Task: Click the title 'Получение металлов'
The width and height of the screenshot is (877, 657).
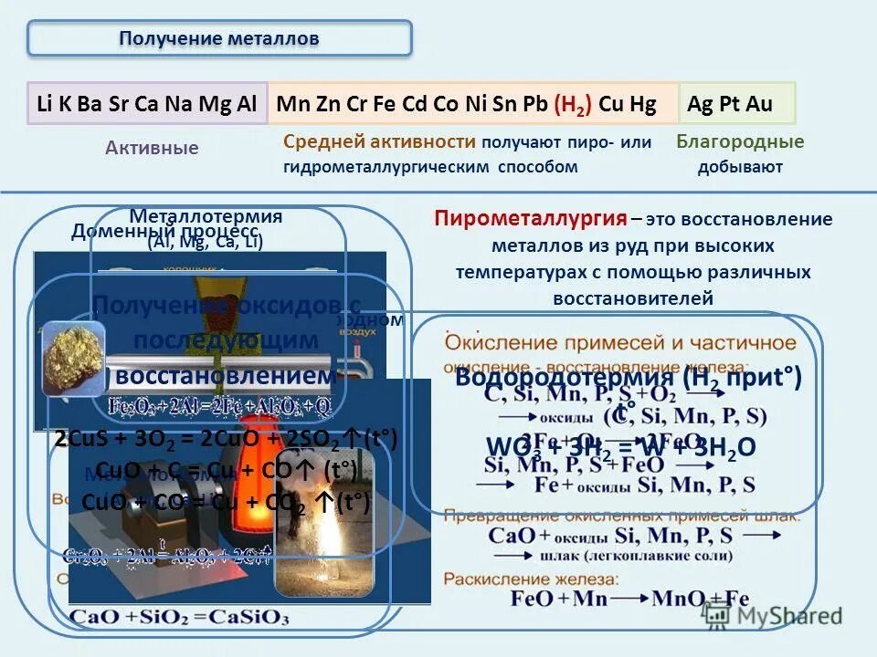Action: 219,38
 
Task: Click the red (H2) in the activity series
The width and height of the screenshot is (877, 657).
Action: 573,103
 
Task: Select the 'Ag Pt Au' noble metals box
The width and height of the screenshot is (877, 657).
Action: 730,103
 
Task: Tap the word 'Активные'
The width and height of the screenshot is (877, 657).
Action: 152,148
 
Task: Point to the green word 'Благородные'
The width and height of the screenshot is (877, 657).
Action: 740,141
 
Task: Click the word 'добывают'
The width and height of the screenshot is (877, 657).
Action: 740,167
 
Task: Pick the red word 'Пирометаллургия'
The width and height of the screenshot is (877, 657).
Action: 531,219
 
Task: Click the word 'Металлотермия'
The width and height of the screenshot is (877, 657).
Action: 206,217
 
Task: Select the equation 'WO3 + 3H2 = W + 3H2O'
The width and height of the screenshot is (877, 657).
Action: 621,447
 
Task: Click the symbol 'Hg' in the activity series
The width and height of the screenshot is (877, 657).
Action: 642,103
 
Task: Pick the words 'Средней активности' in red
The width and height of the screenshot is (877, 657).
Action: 379,141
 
